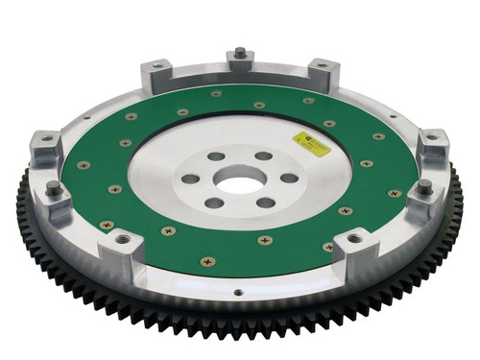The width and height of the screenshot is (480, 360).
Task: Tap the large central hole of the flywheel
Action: (236, 179)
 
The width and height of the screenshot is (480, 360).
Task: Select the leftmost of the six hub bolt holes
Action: (191, 179)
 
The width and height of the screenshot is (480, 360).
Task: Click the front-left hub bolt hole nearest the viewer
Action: (215, 202)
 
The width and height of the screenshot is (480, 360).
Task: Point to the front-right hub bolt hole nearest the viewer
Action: (264, 201)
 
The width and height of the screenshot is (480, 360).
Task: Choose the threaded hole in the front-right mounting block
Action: (355, 236)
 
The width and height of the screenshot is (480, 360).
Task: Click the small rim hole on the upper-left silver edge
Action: (88, 117)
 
